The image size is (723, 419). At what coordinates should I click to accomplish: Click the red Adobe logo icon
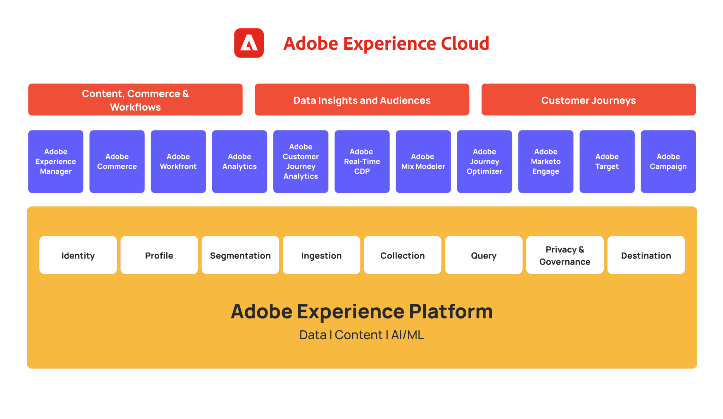pos(249,43)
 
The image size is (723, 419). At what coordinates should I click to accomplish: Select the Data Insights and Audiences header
pos(362,100)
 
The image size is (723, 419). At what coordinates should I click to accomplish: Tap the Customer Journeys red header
pos(588,100)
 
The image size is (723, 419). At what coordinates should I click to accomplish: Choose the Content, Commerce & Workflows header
pos(135,100)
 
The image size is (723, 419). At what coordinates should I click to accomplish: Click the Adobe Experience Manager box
pos(56,162)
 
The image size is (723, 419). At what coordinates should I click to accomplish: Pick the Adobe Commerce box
pos(117,162)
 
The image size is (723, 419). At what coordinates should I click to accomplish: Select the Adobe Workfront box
pos(178,162)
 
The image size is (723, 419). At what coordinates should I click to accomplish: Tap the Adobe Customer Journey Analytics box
pos(301,162)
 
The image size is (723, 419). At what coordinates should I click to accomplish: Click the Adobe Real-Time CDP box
pos(362,162)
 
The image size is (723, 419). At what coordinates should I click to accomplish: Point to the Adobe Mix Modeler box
pos(423,162)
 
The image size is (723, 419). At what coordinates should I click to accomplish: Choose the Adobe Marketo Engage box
pos(546,162)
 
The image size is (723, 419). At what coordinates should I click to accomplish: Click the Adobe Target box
pos(607,162)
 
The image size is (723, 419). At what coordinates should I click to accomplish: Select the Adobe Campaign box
pos(668,162)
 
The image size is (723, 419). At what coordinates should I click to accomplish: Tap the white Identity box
pos(78,255)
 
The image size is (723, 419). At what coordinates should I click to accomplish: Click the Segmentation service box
pos(240,255)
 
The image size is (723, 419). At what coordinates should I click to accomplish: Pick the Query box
pos(484,255)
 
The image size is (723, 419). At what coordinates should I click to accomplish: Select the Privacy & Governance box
pos(565,255)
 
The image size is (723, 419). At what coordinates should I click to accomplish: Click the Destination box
pos(646,255)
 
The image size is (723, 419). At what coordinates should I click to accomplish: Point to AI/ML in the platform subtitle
pos(407,335)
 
